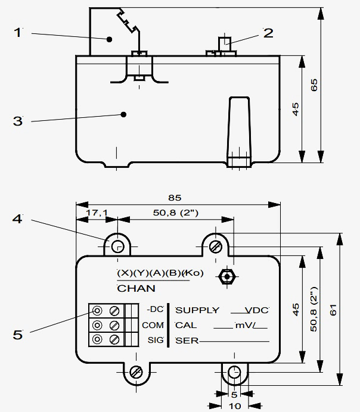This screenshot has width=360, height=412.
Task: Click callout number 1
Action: pyautogui.click(x=18, y=32)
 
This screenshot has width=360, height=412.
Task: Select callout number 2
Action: pyautogui.click(x=268, y=33)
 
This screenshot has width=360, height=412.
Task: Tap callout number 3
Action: pyautogui.click(x=18, y=121)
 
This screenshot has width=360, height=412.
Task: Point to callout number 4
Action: pyautogui.click(x=18, y=220)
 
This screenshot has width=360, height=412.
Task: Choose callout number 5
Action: pyautogui.click(x=18, y=335)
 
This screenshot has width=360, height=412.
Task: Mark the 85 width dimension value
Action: pyautogui.click(x=174, y=198)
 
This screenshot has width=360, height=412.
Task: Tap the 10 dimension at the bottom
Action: pyautogui.click(x=234, y=405)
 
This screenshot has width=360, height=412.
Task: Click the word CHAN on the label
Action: pyautogui.click(x=136, y=288)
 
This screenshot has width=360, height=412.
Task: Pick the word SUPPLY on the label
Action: pyautogui.click(x=197, y=310)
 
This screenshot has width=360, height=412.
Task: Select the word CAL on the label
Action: pyautogui.click(x=186, y=325)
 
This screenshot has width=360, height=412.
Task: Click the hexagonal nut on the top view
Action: pyautogui.click(x=225, y=276)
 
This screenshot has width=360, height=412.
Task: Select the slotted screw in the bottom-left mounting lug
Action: pyautogui.click(x=136, y=372)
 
